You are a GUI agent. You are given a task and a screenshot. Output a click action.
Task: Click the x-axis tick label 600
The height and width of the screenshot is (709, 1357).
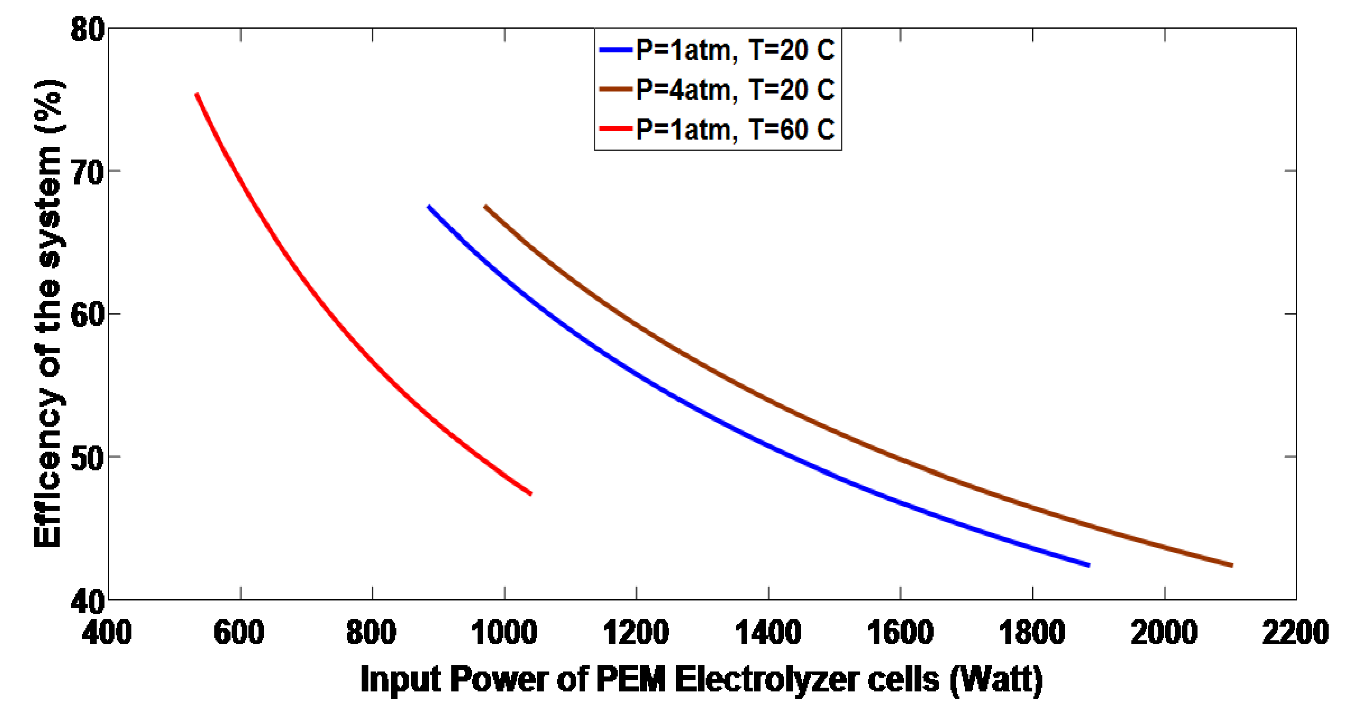click(239, 632)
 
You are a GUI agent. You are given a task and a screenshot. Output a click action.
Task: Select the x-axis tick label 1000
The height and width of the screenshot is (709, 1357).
click(504, 632)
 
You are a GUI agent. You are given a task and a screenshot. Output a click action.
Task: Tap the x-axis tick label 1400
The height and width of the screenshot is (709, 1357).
click(768, 632)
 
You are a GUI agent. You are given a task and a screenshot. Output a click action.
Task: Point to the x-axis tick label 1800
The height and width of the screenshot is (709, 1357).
click(1032, 632)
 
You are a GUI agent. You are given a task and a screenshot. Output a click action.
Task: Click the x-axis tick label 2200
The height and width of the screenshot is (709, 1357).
click(1296, 632)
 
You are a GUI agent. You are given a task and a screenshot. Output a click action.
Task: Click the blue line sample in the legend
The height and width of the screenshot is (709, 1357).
click(616, 50)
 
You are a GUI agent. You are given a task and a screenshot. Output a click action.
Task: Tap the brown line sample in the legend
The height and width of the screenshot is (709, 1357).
click(616, 89)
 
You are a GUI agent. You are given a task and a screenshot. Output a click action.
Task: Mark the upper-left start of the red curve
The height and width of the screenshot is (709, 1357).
click(197, 95)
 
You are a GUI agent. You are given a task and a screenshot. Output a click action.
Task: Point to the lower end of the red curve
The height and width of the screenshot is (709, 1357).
click(531, 493)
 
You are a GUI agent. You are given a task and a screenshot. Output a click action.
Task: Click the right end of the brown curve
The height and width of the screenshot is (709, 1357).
click(1232, 565)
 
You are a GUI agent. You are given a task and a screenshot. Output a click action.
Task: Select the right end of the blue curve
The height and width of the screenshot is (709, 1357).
click(1088, 565)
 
